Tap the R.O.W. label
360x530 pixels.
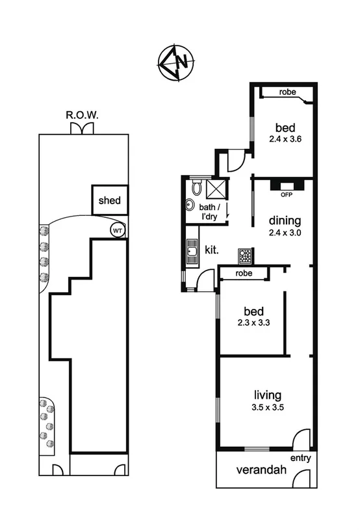82,115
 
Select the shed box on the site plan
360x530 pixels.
109,201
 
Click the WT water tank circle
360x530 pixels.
117,230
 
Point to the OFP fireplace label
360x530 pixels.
285,194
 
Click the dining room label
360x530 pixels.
283,220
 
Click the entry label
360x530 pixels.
301,458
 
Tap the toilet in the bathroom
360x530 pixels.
196,189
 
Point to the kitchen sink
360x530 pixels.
192,249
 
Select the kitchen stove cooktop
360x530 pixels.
245,254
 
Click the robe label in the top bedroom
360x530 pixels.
288,92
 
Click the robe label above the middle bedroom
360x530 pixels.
244,274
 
